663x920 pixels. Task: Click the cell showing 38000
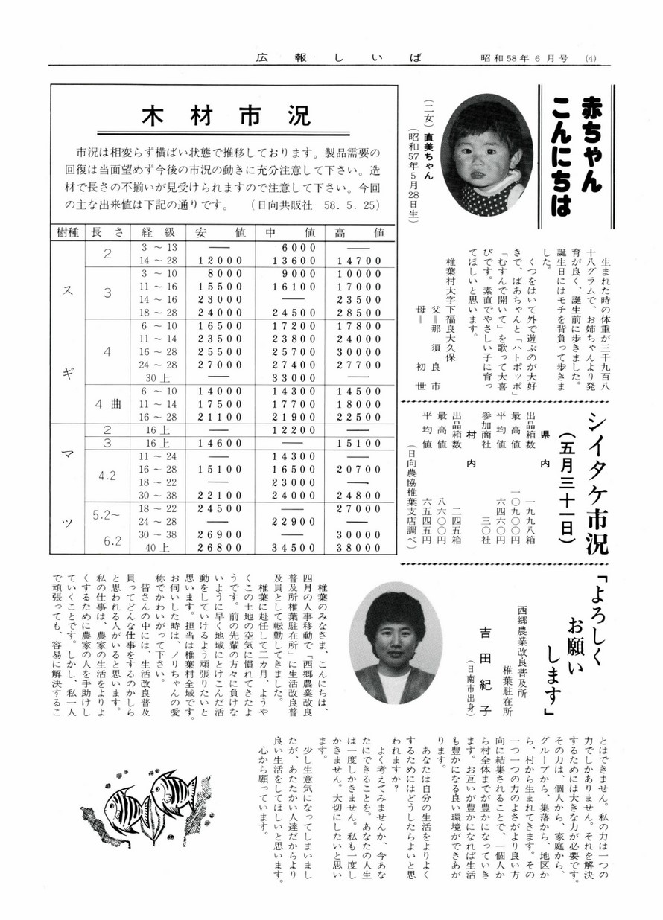tap(353, 548)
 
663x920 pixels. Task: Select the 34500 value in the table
tap(286, 548)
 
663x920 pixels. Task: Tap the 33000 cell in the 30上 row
tap(286, 377)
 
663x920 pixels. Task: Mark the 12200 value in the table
tap(286, 430)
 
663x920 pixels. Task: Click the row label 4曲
tap(107, 405)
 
